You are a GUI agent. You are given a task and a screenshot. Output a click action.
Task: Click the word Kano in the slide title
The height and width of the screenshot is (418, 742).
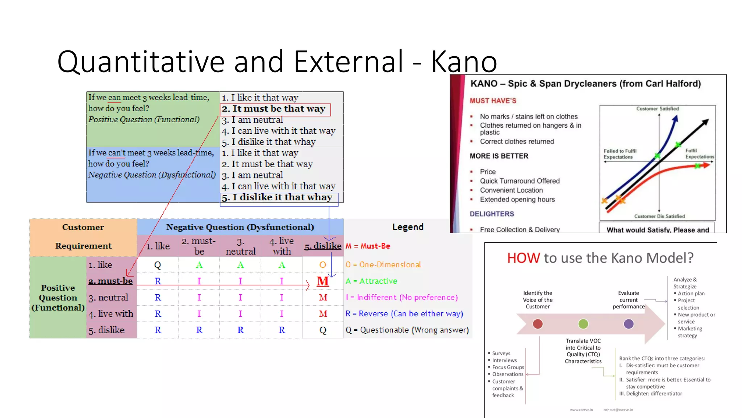click(x=464, y=62)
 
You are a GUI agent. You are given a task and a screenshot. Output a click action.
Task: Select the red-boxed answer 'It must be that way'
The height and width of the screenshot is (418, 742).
click(x=275, y=109)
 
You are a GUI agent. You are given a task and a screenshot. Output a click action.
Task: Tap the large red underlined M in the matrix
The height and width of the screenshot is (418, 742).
click(x=323, y=281)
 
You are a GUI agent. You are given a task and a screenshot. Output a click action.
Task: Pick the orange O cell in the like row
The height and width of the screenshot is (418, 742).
click(x=323, y=265)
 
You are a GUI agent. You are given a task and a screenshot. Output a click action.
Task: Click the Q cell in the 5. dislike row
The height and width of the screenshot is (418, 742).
click(x=323, y=330)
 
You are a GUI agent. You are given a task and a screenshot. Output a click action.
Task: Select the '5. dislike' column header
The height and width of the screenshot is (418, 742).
click(x=323, y=246)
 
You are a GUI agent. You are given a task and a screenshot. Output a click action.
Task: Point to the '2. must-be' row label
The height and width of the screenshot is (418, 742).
click(x=111, y=281)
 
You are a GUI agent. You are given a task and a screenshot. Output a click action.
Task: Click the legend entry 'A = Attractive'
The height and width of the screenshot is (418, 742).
click(x=371, y=281)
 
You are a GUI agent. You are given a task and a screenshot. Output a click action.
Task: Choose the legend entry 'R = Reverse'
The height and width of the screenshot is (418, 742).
click(x=404, y=313)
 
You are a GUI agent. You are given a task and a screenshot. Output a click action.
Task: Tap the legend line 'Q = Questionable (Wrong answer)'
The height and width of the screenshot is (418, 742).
click(x=407, y=330)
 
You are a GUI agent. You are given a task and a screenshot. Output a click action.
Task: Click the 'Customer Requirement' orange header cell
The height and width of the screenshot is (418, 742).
click(x=83, y=237)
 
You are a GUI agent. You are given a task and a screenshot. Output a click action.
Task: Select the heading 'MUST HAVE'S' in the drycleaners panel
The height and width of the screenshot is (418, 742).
click(x=493, y=101)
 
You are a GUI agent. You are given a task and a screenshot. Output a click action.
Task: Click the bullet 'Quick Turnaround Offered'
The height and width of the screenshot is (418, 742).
click(x=520, y=181)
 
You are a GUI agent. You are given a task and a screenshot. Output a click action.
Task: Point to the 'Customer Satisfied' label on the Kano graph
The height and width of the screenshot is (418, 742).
click(x=657, y=109)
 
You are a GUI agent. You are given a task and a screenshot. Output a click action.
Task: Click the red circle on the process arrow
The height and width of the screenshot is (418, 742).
click(x=538, y=324)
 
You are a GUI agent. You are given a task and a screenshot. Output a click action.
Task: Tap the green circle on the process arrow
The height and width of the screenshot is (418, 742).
click(x=583, y=324)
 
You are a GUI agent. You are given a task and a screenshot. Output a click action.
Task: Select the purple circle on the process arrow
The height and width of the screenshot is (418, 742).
click(x=629, y=324)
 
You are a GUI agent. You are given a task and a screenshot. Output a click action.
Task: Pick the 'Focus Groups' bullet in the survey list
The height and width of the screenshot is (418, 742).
click(x=508, y=367)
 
